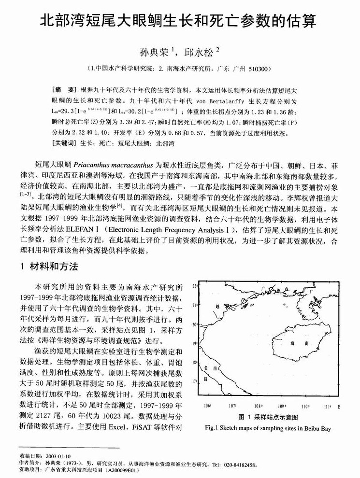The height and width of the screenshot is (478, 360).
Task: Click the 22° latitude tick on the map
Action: [x=195, y=286]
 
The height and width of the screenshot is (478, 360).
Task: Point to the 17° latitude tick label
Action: [x=195, y=381]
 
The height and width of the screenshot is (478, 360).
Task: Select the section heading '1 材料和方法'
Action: [x=48, y=267]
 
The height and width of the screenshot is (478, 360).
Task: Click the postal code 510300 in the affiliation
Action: [x=259, y=69]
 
